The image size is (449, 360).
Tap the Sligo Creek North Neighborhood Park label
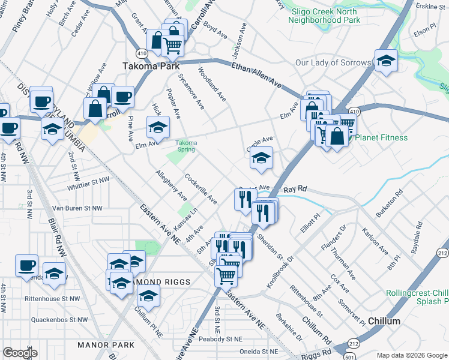[324, 16]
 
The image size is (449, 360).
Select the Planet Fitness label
[381, 138]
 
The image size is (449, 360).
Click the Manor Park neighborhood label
[106, 345]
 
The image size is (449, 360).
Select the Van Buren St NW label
[74, 208]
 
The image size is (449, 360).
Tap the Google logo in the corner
[20, 353]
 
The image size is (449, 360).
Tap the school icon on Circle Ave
[261, 159]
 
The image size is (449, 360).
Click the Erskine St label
[431, 6]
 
